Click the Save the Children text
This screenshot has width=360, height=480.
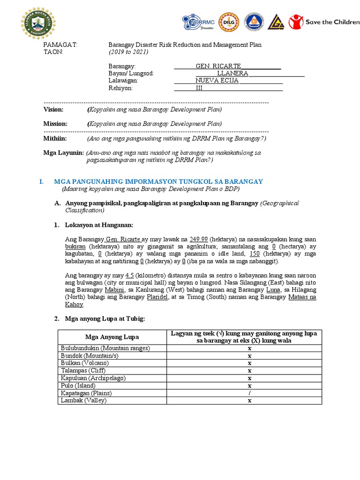(332, 22)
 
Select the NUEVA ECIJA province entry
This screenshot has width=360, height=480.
(217, 80)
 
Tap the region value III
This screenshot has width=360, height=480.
(199, 88)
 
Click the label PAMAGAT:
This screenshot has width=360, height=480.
(60, 45)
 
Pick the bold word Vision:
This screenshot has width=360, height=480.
(56, 109)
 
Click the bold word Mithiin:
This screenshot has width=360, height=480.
(55, 139)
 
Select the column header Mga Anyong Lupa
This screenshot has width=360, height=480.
(112, 337)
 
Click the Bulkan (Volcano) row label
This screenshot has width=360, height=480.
(85, 363)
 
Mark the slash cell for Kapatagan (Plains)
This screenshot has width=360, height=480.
(250, 393)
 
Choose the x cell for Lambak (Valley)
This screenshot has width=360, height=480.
(250, 400)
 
